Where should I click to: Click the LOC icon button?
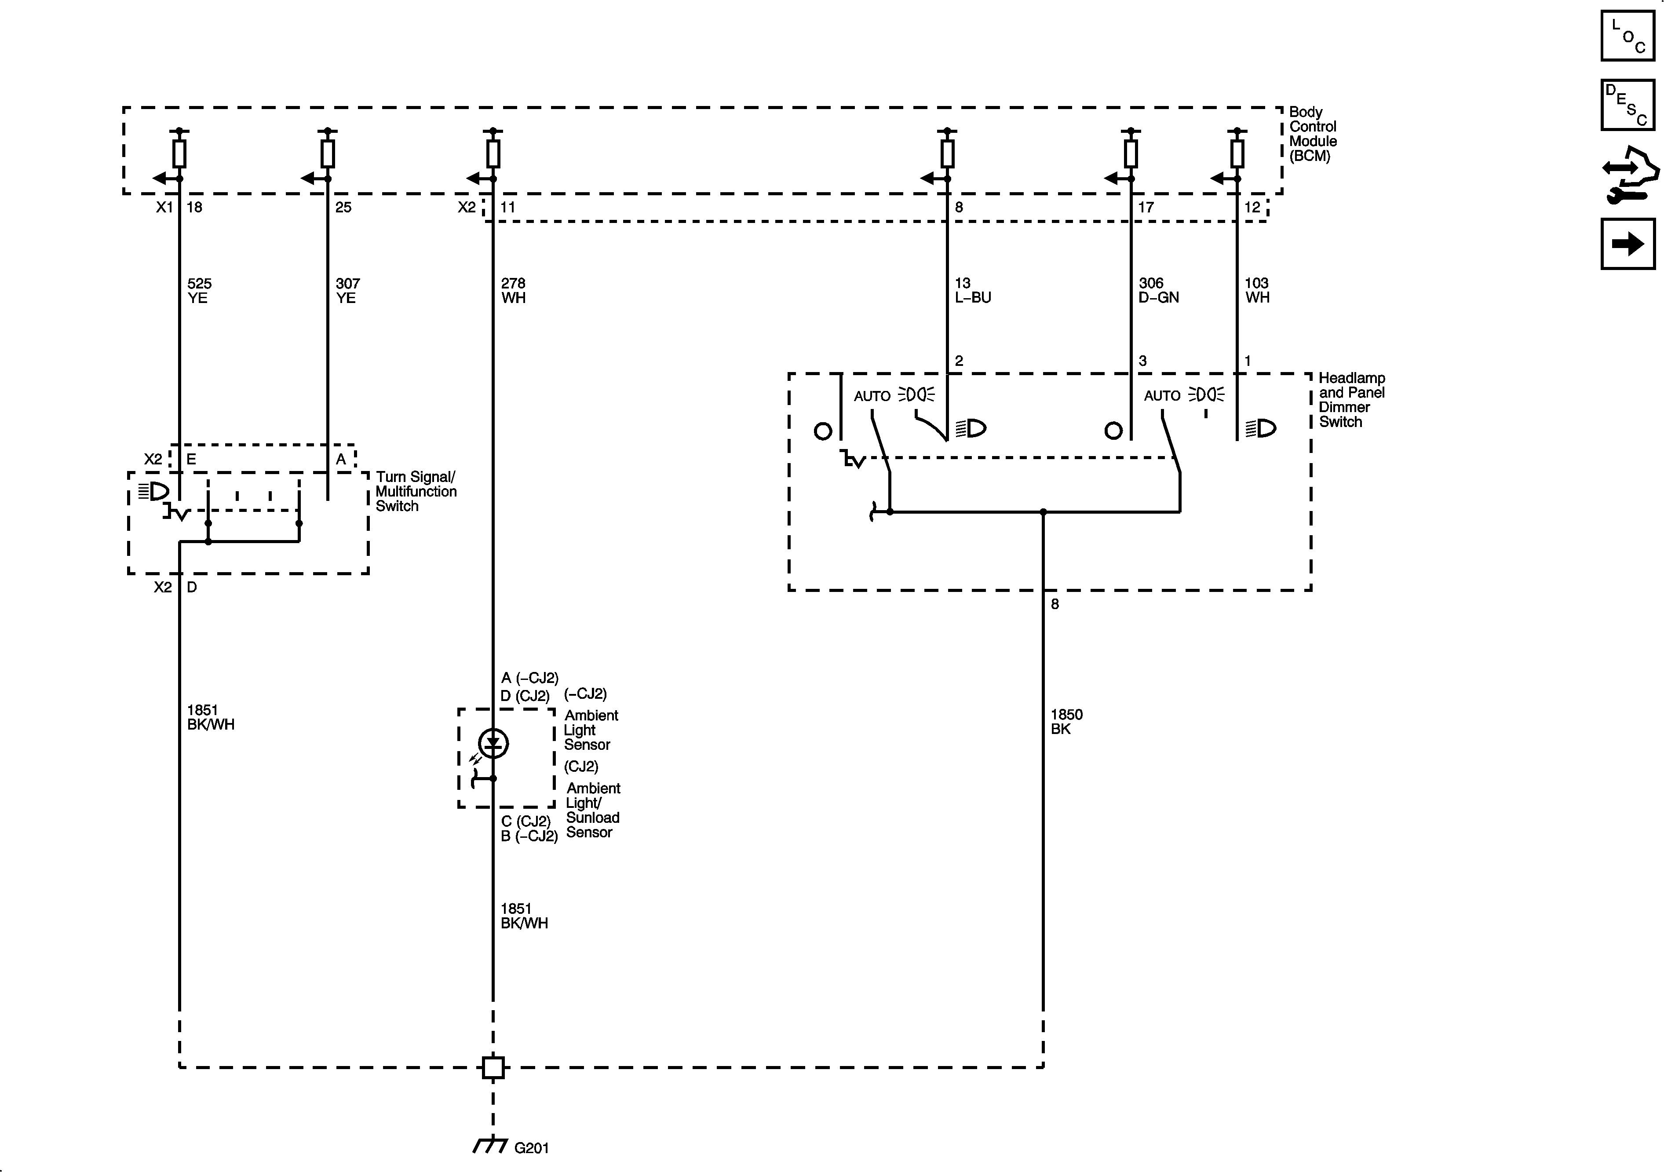coord(1628,36)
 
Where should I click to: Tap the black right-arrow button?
coord(1628,244)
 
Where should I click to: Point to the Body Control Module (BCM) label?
coord(1313,134)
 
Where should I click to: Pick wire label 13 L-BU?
coord(972,290)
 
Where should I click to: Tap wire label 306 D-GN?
coord(1158,290)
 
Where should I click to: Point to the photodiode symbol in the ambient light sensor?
coord(493,743)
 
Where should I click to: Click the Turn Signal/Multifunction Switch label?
coord(415,491)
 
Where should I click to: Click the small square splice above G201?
coord(493,1067)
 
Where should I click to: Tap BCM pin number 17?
coord(1145,207)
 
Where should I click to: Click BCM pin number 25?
coord(343,207)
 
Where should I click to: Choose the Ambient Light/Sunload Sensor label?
coord(593,811)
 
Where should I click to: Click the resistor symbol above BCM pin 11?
coord(493,153)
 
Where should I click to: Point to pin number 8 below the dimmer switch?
coord(1055,604)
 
